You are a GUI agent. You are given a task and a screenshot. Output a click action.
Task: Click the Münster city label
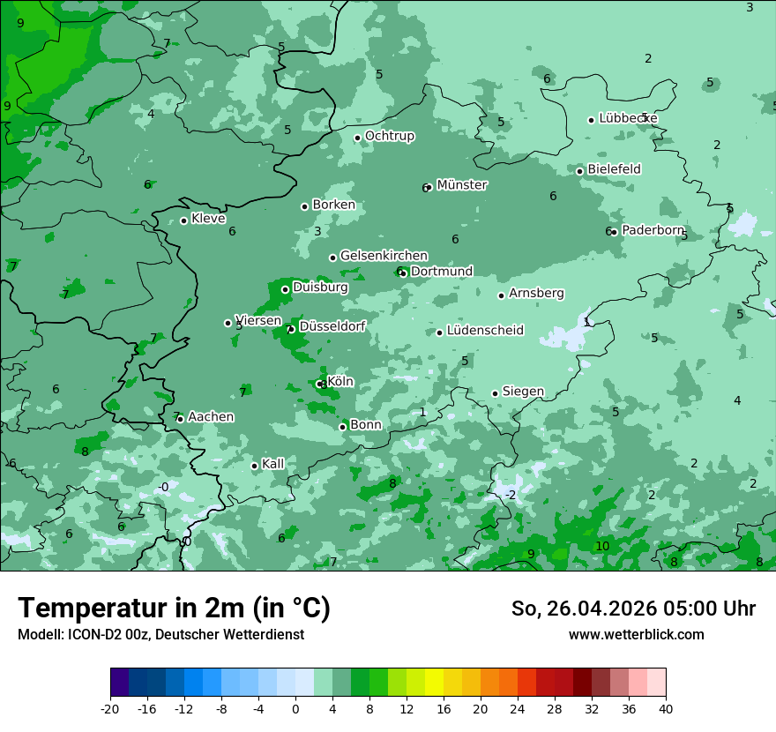[x=461, y=185]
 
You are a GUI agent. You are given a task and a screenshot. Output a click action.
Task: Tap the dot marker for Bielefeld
[x=579, y=171]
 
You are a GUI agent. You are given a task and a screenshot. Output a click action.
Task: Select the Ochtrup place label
[x=389, y=136]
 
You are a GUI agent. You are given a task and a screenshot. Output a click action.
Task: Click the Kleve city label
[x=208, y=219]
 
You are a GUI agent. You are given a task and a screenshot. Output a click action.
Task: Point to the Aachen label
[x=211, y=416]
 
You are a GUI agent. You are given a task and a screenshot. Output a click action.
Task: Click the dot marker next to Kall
[x=254, y=466]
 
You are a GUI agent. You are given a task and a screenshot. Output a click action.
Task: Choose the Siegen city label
[x=523, y=392]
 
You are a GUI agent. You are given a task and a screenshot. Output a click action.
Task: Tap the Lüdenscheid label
[x=485, y=331]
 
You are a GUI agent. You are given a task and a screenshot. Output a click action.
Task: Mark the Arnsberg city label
[x=536, y=293]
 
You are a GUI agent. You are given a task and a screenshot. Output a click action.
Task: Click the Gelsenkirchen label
[x=384, y=256]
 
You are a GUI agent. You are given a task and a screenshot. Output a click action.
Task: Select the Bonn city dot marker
[x=342, y=427]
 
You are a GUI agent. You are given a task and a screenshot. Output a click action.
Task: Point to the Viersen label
[x=258, y=321]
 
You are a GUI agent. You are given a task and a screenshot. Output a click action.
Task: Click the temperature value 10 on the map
[x=602, y=547]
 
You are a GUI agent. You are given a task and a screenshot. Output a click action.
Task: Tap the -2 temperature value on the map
[x=511, y=495]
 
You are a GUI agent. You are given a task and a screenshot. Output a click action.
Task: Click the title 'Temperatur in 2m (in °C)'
[x=174, y=609]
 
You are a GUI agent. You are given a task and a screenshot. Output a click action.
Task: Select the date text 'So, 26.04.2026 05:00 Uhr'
[x=633, y=609]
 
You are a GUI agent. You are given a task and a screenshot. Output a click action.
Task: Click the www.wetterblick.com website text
[x=636, y=634]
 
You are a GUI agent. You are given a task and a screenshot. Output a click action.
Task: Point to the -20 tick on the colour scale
[x=110, y=709]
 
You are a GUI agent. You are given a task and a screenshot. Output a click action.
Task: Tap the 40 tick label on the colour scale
[x=665, y=709]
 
